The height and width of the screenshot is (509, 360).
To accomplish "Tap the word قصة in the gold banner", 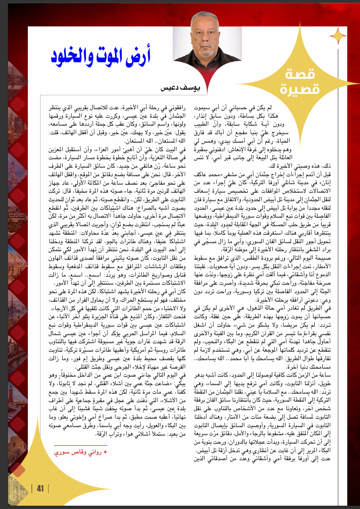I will [301, 74].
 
